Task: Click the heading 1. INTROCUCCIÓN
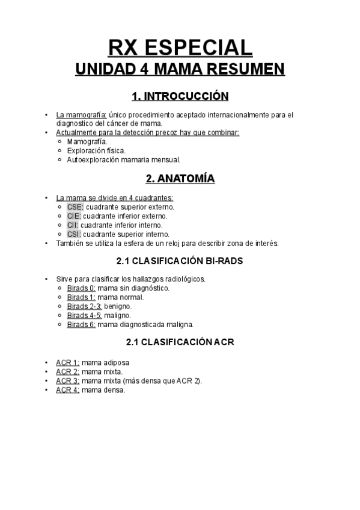click(x=180, y=96)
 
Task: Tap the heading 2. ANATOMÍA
click(x=180, y=179)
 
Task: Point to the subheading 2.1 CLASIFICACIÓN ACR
click(x=180, y=343)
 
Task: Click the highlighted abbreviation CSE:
click(x=75, y=206)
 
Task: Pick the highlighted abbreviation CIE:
click(x=74, y=215)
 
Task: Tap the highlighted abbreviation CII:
click(x=73, y=225)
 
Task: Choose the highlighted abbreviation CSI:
click(x=74, y=234)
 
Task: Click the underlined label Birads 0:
click(x=81, y=288)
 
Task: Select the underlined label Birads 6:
click(x=81, y=325)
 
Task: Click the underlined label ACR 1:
click(x=67, y=363)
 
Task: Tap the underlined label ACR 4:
click(x=67, y=390)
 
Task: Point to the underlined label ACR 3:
click(x=67, y=381)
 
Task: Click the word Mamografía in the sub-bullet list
click(x=87, y=141)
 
